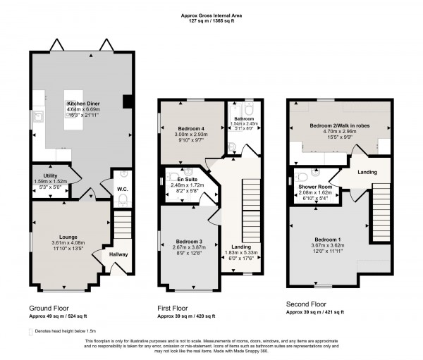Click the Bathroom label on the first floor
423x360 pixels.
coord(236,119)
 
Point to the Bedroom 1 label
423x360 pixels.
coord(333,238)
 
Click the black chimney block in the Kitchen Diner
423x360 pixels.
coord(126,101)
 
